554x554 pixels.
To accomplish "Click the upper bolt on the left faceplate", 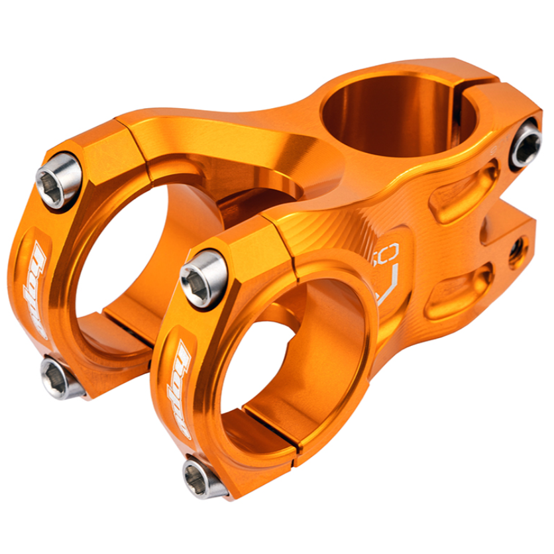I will point(58,180).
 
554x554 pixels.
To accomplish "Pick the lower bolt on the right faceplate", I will point(202,478).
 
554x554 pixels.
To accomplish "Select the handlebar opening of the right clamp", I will point(292,364).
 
